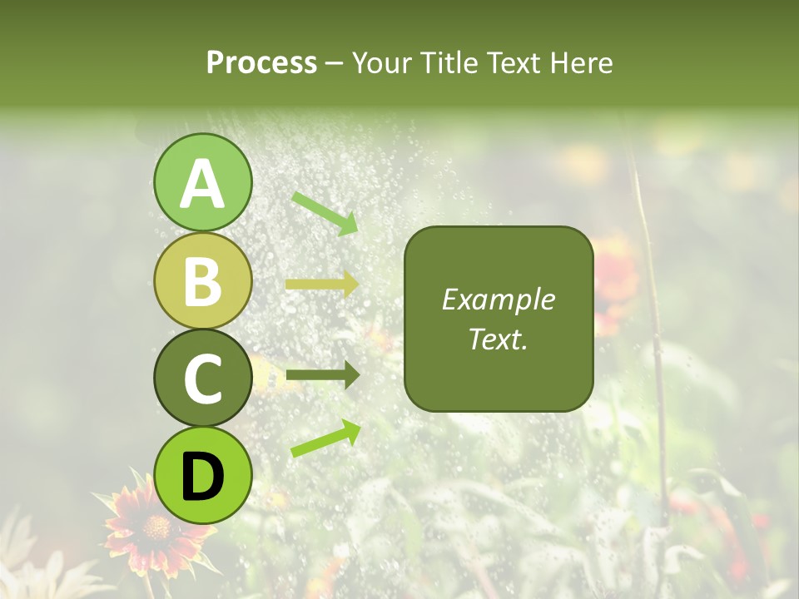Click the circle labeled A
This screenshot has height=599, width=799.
pos(202,182)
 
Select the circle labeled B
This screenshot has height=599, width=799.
pos(202,280)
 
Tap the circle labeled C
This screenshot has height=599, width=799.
pos(202,378)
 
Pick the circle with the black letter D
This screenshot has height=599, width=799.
pos(202,475)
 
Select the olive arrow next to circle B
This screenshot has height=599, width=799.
pos(322,285)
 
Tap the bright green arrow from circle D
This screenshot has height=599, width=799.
pos(325,438)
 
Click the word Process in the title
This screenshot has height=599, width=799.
pos(261,62)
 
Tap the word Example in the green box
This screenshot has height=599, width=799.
pos(498,299)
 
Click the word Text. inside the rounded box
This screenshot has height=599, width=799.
pos(498,339)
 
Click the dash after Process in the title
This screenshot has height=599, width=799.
pos(335,64)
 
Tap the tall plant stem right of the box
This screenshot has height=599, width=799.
pos(653,333)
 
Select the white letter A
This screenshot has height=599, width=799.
pos(202,184)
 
